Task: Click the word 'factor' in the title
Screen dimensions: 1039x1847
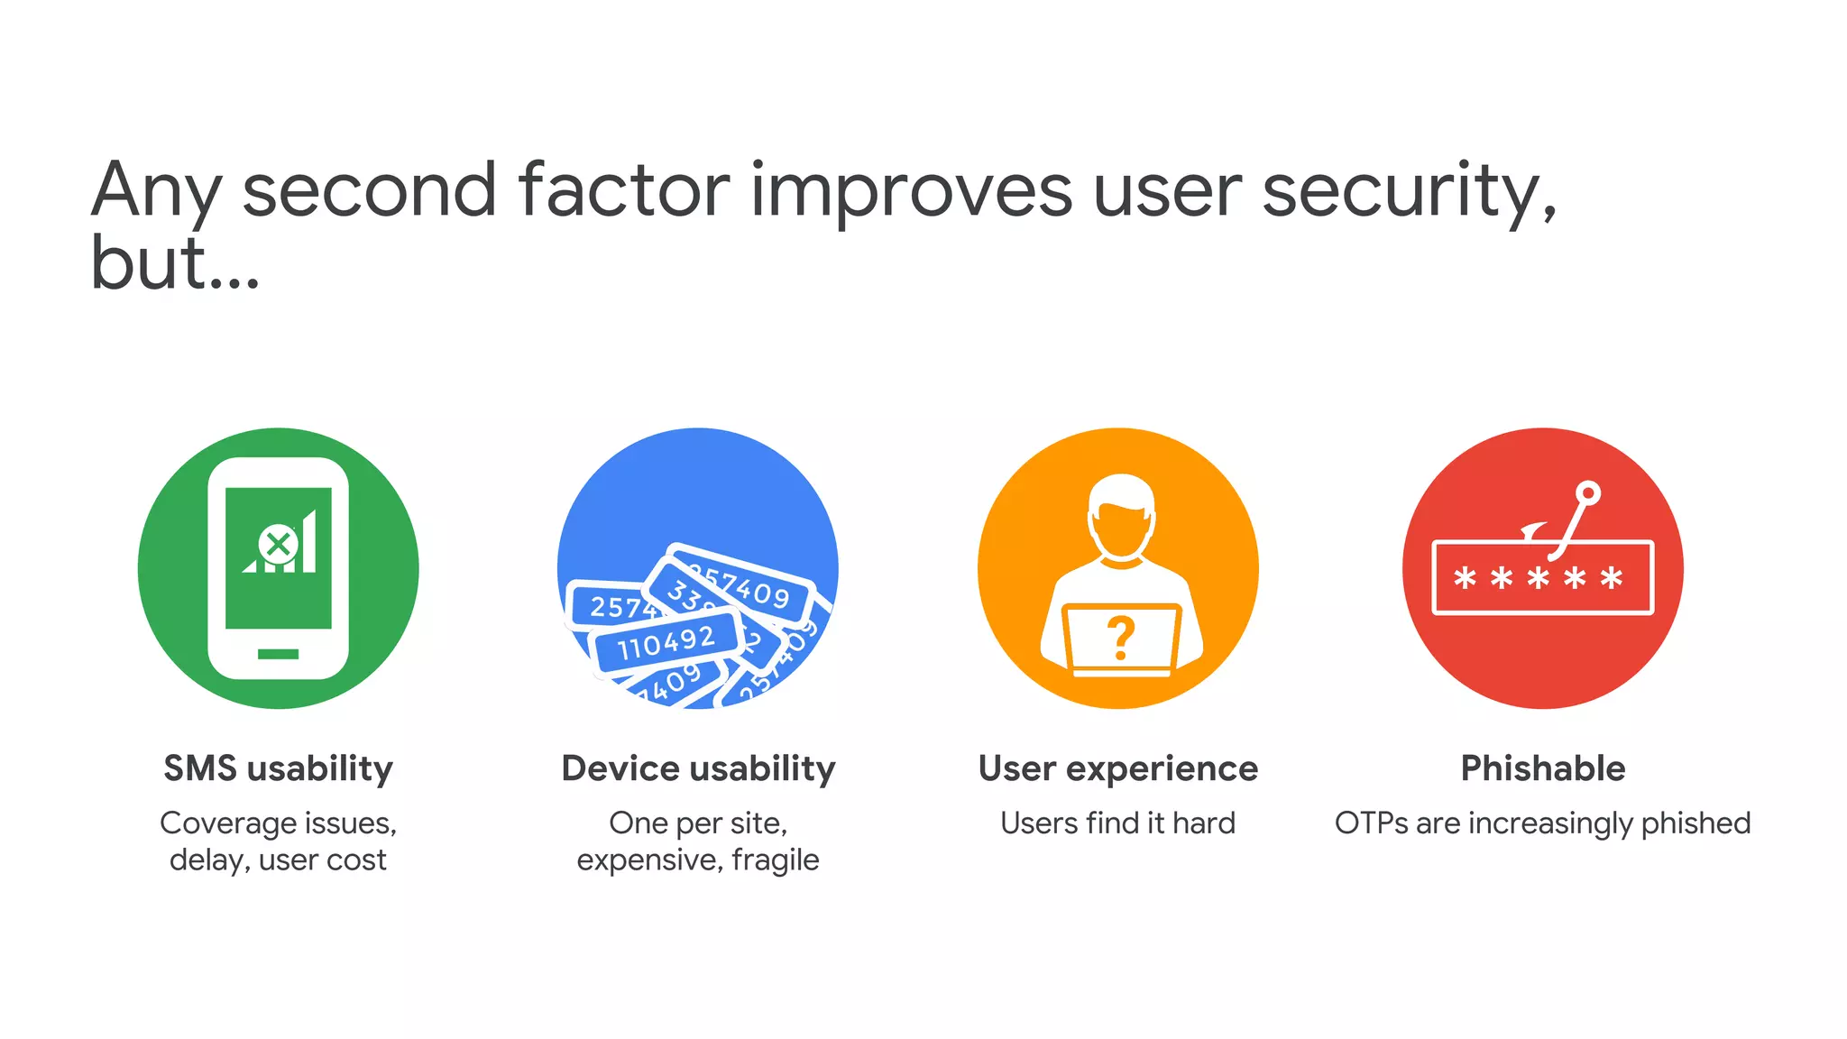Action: click(623, 191)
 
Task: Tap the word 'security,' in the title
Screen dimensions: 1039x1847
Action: click(1409, 191)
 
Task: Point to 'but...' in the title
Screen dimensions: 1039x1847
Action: click(175, 264)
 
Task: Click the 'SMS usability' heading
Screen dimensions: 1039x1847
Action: click(278, 768)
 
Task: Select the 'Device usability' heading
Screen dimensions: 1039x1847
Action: click(698, 768)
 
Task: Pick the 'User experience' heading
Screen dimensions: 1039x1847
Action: click(1117, 768)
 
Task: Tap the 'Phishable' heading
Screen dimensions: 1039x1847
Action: click(1542, 768)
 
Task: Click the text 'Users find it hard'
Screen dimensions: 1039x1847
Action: click(1117, 823)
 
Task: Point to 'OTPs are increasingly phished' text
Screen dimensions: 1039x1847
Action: click(1542, 823)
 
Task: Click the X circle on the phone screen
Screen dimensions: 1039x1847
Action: click(279, 544)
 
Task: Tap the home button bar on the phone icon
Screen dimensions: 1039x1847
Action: click(278, 654)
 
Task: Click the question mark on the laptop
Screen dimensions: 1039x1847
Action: click(1120, 638)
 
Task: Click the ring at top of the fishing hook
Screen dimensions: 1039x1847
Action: click(1588, 493)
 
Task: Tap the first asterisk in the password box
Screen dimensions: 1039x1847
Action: click(1466, 577)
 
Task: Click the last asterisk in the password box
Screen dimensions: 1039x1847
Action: click(1612, 577)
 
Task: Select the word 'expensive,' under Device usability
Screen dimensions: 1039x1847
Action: click(649, 860)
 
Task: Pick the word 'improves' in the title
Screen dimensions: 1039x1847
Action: click(911, 191)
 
